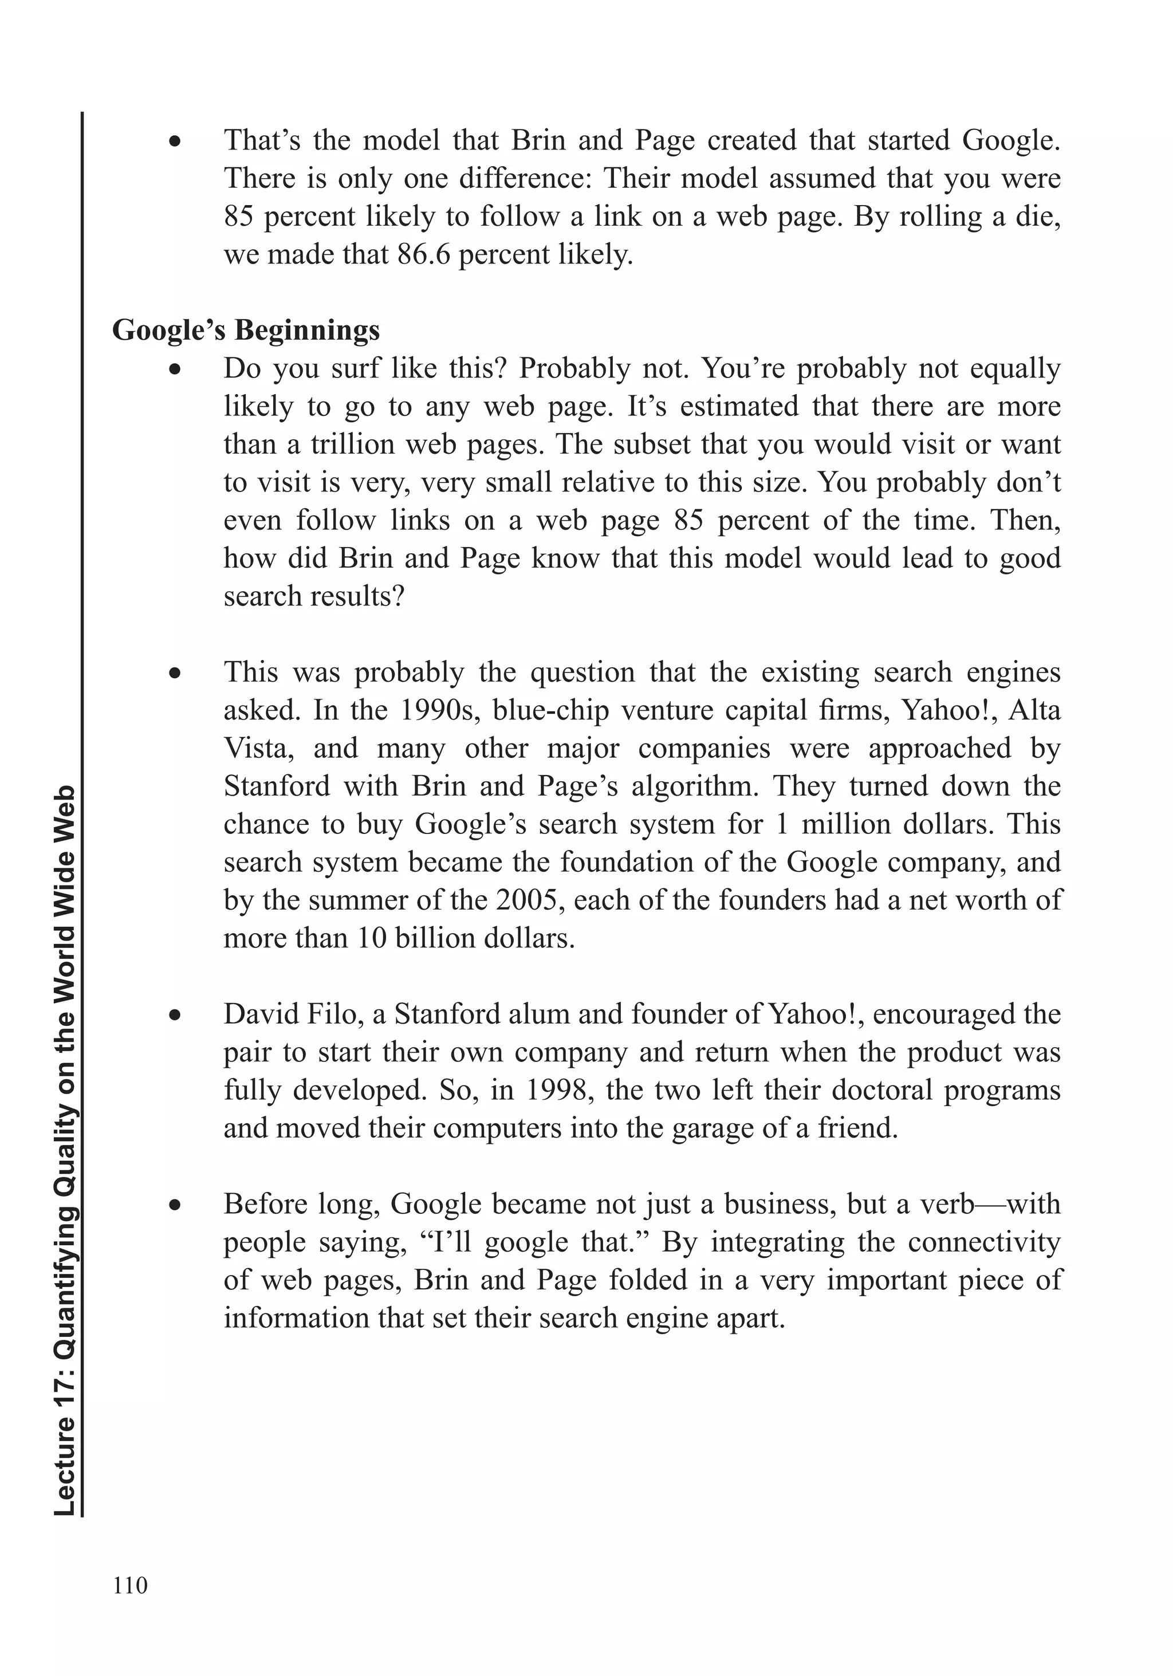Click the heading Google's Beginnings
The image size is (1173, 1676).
point(246,331)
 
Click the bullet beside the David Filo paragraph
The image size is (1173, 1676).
point(175,1016)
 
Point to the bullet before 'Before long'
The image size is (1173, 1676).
point(175,1205)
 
